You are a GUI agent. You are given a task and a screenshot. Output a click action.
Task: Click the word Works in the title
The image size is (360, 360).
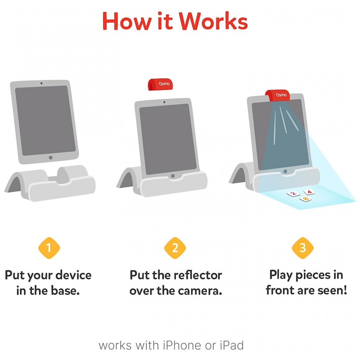pyautogui.click(x=213, y=21)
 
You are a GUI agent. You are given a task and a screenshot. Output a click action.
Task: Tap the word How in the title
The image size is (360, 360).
pyautogui.click(x=127, y=21)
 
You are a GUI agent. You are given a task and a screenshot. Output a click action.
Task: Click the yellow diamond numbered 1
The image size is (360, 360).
pyautogui.click(x=49, y=248)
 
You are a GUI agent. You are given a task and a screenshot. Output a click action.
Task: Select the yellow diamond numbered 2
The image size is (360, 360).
pyautogui.click(x=175, y=248)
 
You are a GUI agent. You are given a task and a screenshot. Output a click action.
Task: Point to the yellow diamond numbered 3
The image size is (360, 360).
pyautogui.click(x=303, y=248)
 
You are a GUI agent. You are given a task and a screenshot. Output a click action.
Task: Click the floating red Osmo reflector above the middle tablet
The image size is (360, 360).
pyautogui.click(x=160, y=84)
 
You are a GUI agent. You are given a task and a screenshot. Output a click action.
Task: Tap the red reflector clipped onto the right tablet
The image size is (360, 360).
pyautogui.click(x=278, y=95)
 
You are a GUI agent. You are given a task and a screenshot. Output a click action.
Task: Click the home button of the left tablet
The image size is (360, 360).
pyautogui.click(x=51, y=158)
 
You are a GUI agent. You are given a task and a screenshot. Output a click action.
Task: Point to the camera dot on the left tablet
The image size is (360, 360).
pyautogui.click(x=41, y=84)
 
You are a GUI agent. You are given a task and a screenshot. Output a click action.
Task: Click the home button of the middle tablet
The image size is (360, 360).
pyautogui.click(x=173, y=176)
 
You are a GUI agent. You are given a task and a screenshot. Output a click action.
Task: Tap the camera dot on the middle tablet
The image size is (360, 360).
pyautogui.click(x=164, y=102)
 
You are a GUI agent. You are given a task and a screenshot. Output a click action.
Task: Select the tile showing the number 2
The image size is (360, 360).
pyautogui.click(x=293, y=194)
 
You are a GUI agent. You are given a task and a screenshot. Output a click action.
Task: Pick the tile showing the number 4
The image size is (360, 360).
pyautogui.click(x=309, y=192)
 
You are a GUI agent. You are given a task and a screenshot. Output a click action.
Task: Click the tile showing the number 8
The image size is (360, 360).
pyautogui.click(x=306, y=199)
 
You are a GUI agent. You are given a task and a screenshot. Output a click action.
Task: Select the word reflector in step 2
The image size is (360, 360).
pyautogui.click(x=197, y=275)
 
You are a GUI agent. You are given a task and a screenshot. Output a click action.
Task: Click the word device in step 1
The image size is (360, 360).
pyautogui.click(x=73, y=275)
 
